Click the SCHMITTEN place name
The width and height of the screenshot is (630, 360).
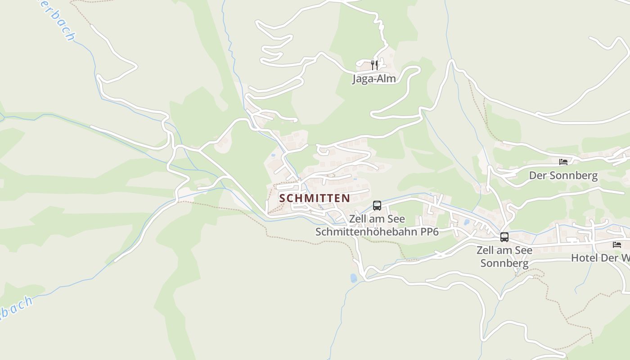(x=315, y=198)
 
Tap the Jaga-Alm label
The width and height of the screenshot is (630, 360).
(x=374, y=79)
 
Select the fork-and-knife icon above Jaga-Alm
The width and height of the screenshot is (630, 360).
(x=374, y=65)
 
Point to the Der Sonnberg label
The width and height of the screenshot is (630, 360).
(x=563, y=175)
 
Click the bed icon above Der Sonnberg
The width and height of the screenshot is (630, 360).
(x=563, y=162)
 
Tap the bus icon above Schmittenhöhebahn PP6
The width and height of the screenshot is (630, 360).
(x=377, y=206)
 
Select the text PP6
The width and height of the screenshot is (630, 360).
(x=430, y=232)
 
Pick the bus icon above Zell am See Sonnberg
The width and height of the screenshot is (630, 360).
(x=504, y=237)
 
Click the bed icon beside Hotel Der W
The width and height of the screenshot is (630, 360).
(x=617, y=245)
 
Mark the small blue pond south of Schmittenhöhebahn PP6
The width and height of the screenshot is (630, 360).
(x=354, y=278)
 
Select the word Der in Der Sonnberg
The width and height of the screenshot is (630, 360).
(x=537, y=175)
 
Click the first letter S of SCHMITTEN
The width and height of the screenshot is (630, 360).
(x=283, y=198)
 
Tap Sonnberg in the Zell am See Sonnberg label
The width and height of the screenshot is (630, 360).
(x=504, y=263)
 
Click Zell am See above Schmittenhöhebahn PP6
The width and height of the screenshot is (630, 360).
(x=377, y=219)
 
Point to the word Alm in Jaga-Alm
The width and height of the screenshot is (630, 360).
(x=387, y=79)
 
